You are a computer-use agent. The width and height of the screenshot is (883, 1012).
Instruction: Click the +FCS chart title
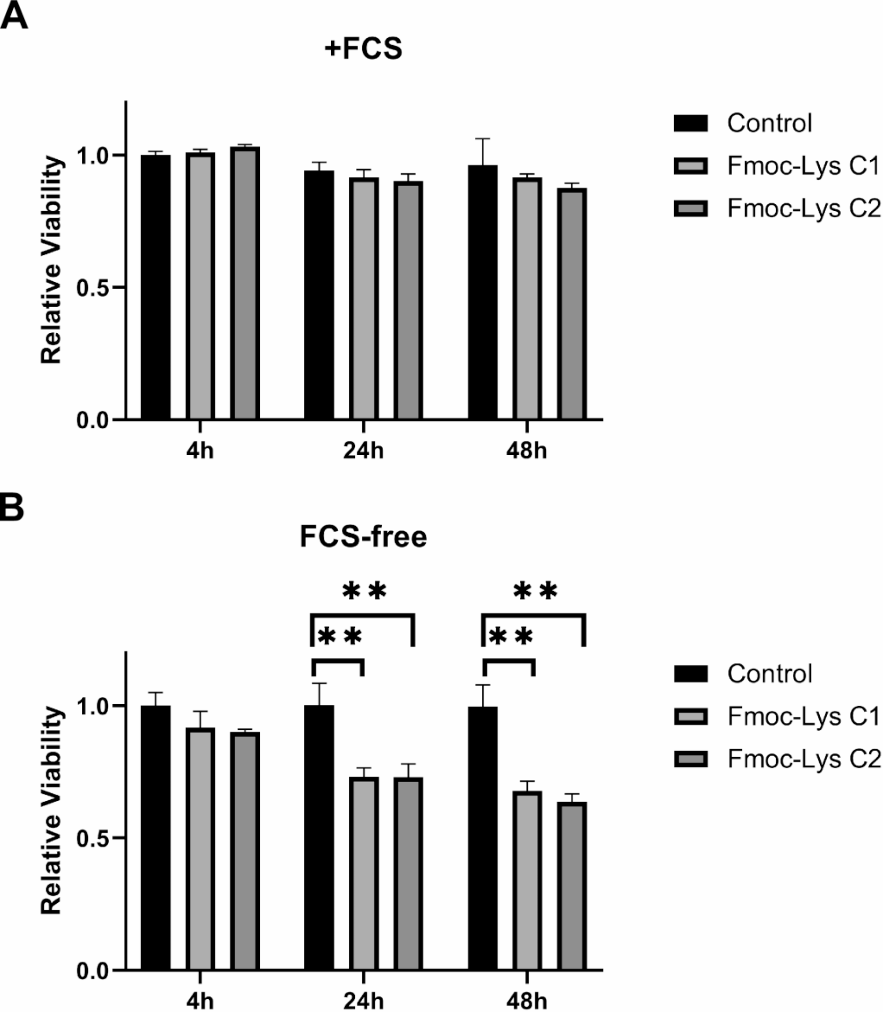pos(363,49)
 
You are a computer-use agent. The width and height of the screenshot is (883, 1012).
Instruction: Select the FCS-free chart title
pos(363,537)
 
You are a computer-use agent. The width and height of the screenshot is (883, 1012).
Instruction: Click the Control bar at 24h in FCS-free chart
pos(319,838)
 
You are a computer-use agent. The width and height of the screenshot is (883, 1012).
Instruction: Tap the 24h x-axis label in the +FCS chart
pos(363,451)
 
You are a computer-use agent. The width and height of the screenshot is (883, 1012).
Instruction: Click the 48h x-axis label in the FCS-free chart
pos(526,1001)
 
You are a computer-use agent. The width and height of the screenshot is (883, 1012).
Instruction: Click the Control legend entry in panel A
pos(769,123)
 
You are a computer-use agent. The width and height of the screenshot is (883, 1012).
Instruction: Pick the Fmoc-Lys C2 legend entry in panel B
pos(803,759)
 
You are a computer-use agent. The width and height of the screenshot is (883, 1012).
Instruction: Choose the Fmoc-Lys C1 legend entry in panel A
pos(803,166)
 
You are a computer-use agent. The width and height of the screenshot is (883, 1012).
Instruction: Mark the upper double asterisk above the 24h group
pos(365,591)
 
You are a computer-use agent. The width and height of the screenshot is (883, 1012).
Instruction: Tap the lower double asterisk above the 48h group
pos(511,637)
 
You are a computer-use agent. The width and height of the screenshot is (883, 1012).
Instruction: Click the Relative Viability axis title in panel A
pos(51,261)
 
